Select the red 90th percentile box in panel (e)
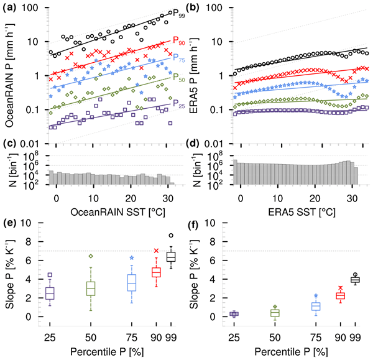157,272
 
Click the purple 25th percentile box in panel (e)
50,292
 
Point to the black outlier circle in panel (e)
171,236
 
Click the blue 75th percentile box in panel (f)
316,307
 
